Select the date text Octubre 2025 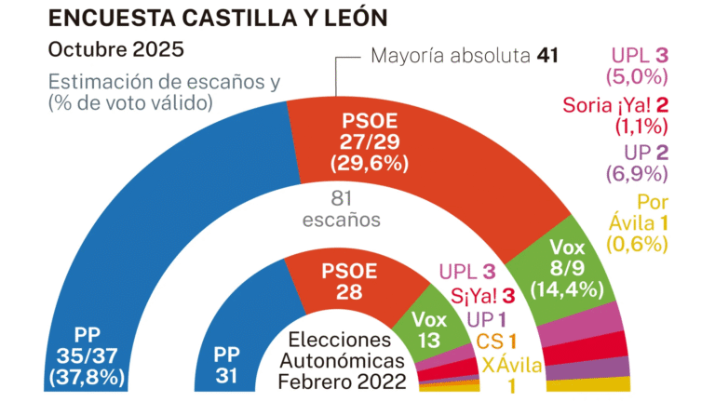point(116,49)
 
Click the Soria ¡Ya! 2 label point(627,106)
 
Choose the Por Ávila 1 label point(651,213)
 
